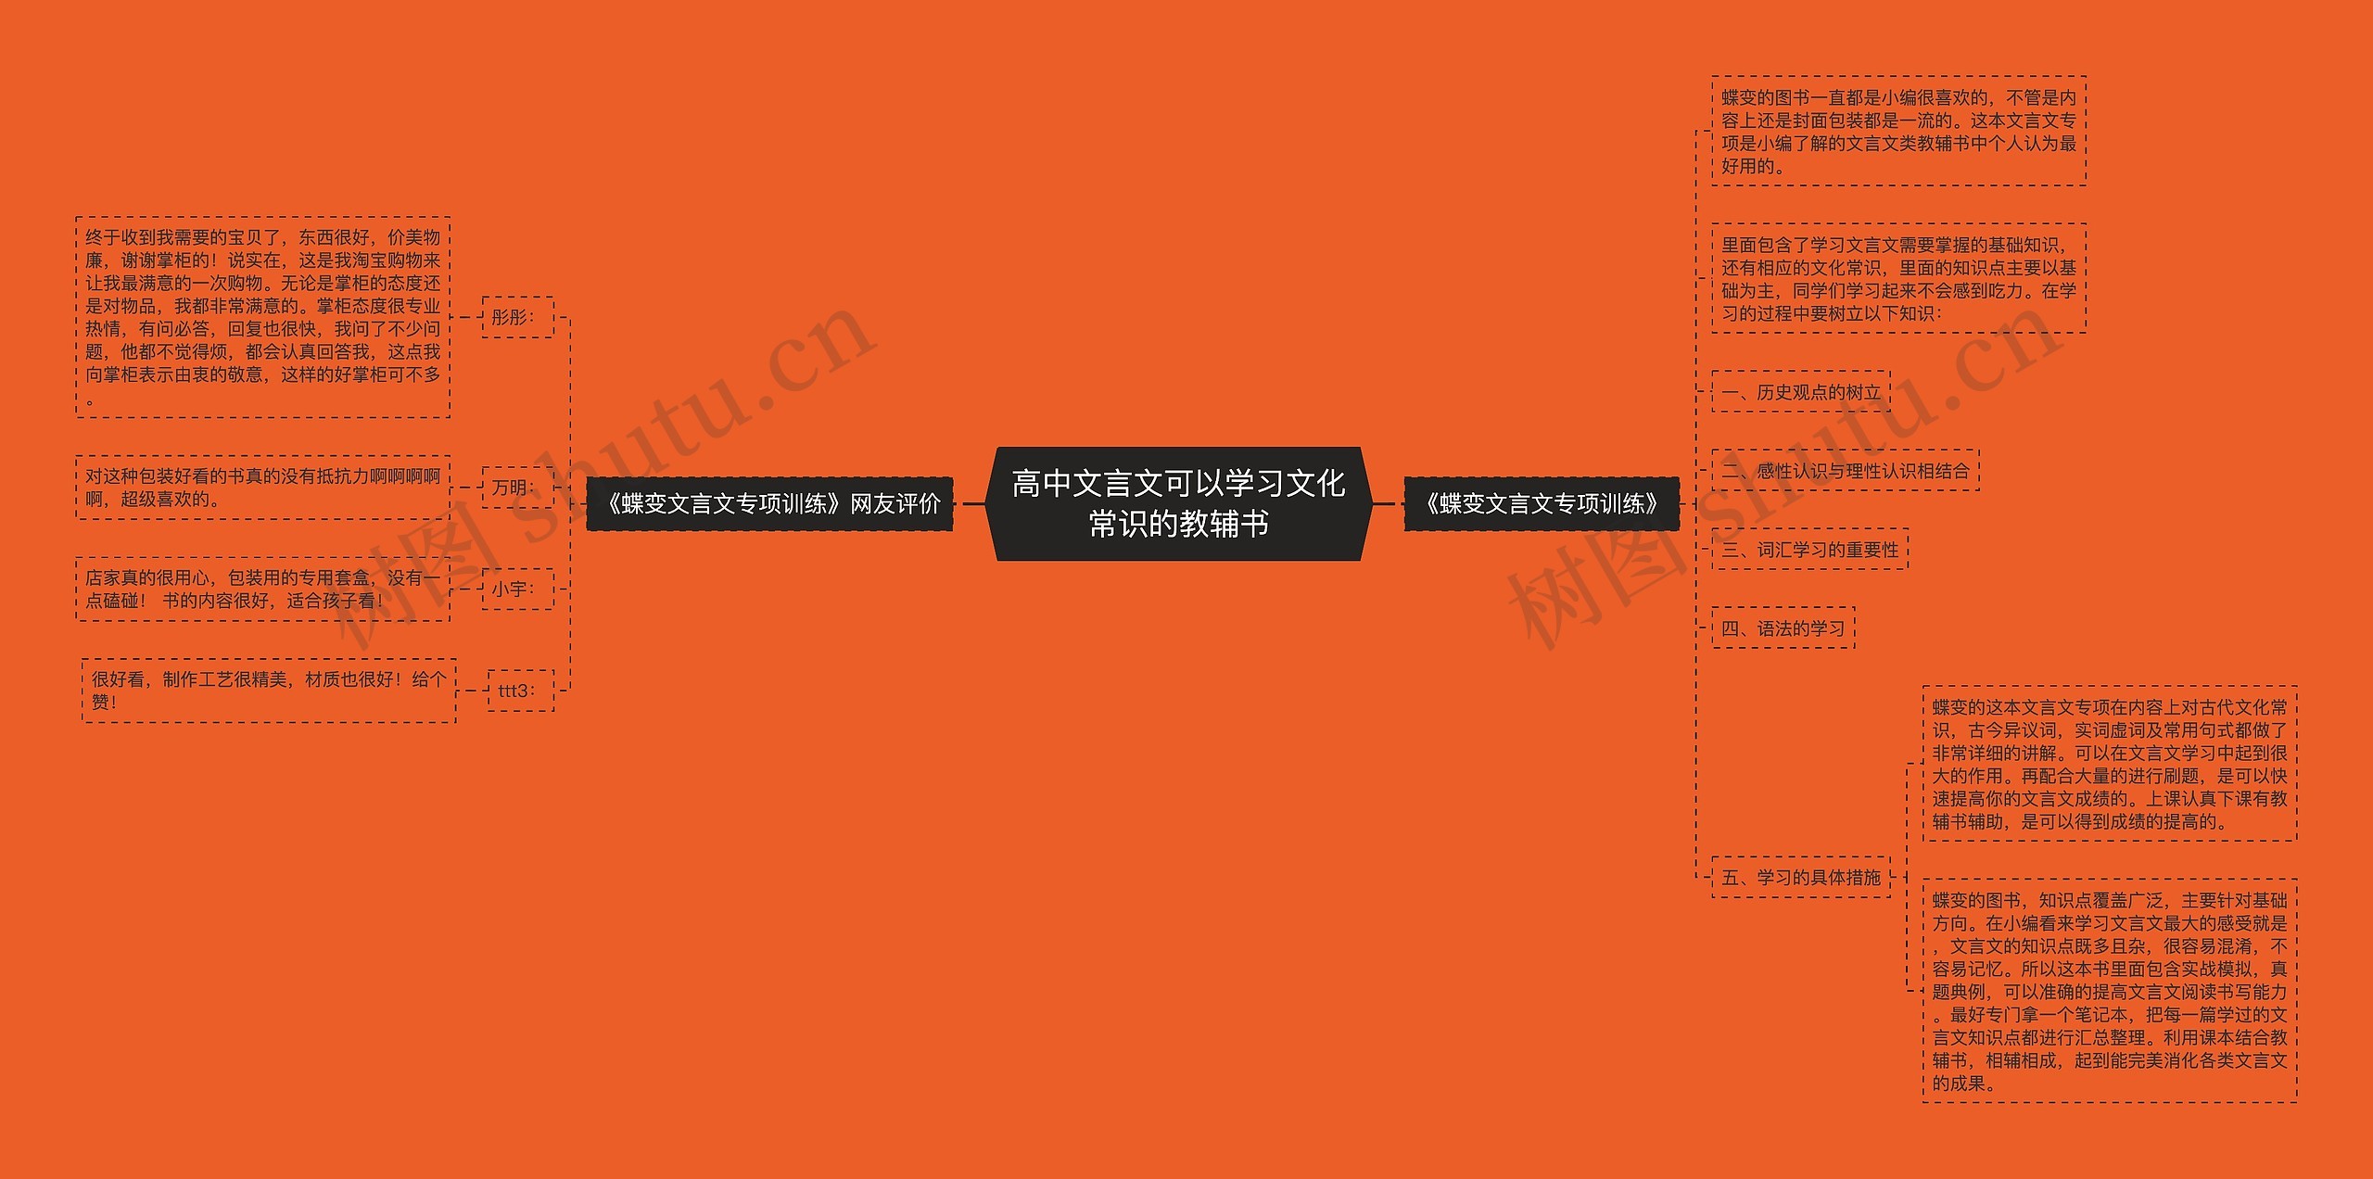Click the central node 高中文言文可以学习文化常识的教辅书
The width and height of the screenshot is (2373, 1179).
(1178, 503)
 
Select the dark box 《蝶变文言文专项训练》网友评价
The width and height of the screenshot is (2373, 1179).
(769, 503)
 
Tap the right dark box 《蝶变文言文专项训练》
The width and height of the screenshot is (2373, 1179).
(1542, 503)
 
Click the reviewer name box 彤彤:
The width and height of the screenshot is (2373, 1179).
(517, 317)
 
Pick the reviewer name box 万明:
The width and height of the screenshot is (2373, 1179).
(517, 488)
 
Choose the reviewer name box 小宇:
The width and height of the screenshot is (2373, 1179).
(517, 589)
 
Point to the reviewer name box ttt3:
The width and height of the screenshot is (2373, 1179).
(520, 691)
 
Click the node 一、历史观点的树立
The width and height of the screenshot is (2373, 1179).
(1800, 392)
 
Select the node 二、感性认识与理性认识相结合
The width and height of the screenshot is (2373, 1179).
(1845, 471)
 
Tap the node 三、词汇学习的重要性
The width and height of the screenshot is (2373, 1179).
(1809, 550)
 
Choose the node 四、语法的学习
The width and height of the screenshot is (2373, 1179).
(1783, 628)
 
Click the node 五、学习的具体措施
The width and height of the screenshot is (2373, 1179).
(1800, 877)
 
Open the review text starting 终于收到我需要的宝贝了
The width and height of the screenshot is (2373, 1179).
(263, 317)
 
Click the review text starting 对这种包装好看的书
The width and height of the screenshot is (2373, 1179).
(263, 488)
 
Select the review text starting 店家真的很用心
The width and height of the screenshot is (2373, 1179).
(263, 589)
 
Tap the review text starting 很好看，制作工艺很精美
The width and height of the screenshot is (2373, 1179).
(269, 691)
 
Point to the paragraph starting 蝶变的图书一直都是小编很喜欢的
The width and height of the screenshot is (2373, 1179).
(1898, 132)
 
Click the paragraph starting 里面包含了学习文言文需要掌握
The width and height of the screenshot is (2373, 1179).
(1898, 278)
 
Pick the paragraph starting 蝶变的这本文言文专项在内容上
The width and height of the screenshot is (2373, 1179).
(2110, 764)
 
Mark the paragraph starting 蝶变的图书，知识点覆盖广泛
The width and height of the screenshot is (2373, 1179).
(2110, 991)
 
